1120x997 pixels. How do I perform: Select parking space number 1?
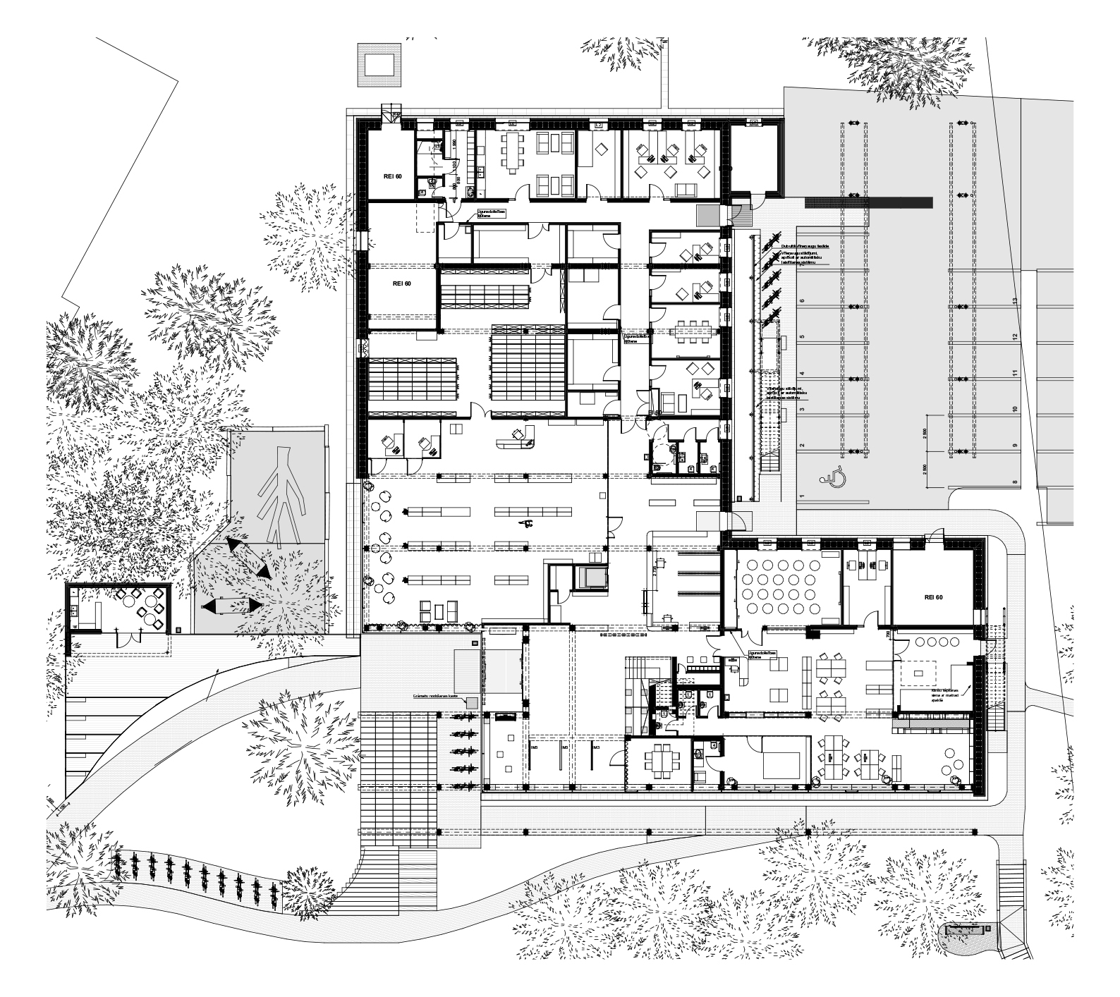[x=802, y=496]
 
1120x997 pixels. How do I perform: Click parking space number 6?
[x=802, y=301]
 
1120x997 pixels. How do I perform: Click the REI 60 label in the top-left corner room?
[x=392, y=176]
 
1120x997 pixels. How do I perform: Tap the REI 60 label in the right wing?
[x=932, y=597]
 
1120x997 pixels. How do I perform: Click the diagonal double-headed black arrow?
[x=248, y=558]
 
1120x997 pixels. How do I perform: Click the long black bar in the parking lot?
[x=868, y=202]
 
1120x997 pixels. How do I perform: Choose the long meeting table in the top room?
[x=511, y=153]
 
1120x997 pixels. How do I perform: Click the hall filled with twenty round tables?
[x=786, y=585]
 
